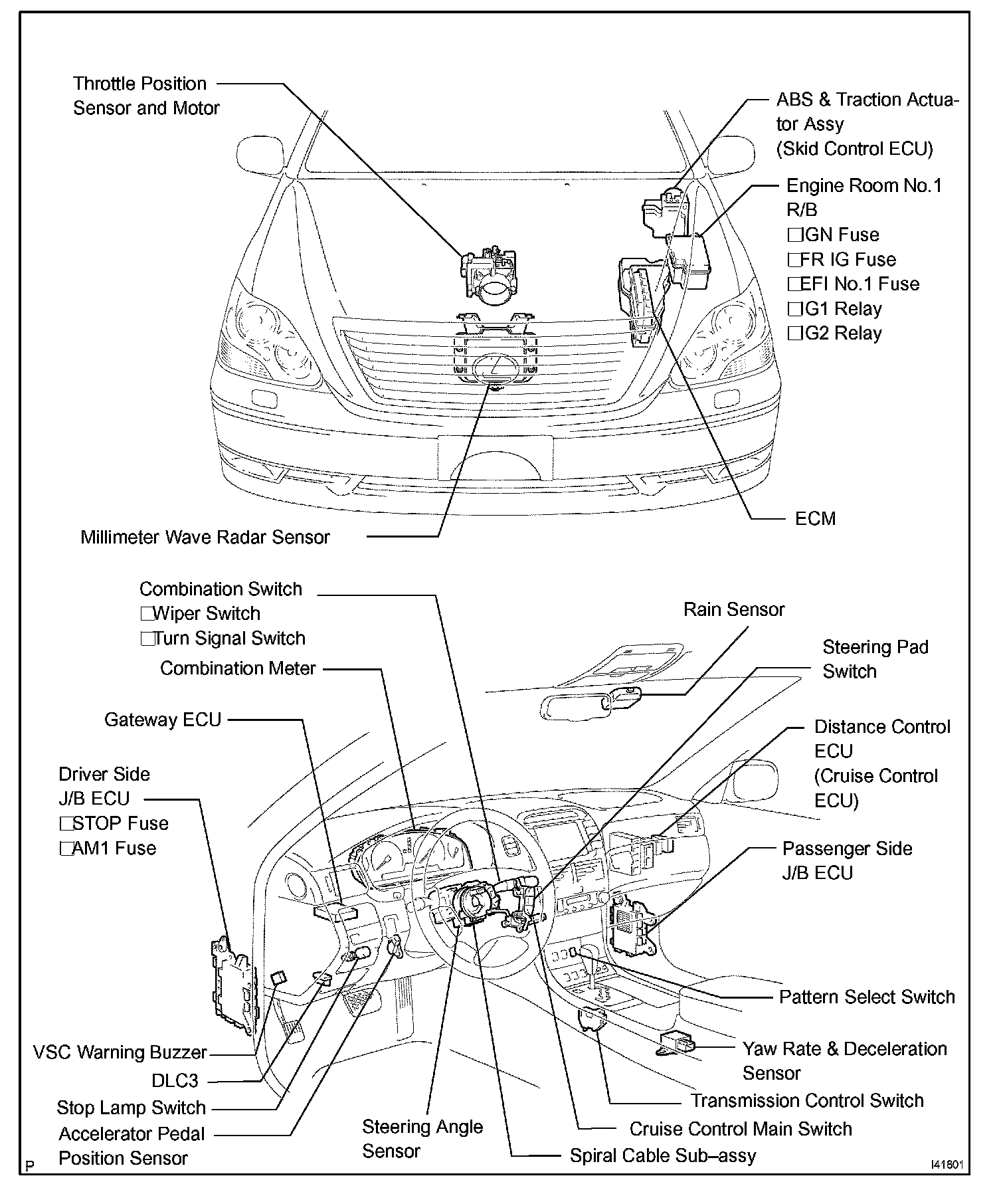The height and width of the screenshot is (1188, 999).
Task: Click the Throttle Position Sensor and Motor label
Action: [145, 96]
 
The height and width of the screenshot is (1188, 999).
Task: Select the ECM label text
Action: [815, 519]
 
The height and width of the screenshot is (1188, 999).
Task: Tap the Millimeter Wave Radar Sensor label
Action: [205, 538]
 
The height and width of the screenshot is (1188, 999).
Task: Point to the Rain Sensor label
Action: [734, 610]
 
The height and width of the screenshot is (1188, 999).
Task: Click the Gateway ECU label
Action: [163, 720]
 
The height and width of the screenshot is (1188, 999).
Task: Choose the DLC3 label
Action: [175, 1081]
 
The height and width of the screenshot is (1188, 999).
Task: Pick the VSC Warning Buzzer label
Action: [120, 1052]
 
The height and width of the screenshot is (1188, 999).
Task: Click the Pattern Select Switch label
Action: [867, 997]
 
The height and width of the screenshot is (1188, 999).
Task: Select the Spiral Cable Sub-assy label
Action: [663, 1156]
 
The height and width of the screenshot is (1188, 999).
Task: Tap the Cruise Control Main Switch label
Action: [741, 1129]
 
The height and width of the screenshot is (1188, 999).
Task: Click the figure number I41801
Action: [948, 1165]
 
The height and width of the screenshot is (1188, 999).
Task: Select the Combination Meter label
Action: [238, 668]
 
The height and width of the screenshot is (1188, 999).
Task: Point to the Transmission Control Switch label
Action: [807, 1101]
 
